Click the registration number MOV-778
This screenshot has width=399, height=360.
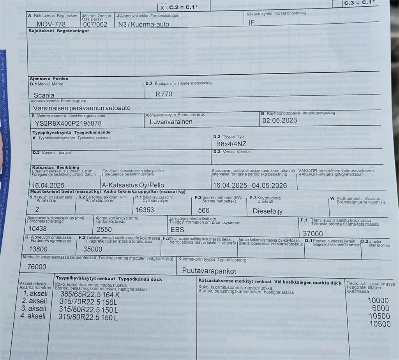pos(51,24)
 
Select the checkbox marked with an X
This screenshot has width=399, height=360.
pos(162,8)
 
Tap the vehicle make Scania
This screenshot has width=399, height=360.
pos(44,95)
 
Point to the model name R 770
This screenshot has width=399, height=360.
pos(164,94)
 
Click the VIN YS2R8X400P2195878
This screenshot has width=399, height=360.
pos(68,123)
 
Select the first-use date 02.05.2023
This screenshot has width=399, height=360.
pos(279,120)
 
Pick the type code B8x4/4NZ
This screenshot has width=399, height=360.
pos(231,144)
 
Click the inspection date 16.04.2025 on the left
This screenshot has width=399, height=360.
pos(48,185)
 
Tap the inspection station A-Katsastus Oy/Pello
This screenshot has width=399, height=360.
pos(133,185)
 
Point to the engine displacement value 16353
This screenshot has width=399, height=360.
pos(145,210)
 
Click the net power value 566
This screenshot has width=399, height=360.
pos(204,210)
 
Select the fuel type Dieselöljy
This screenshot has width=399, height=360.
pos(268,211)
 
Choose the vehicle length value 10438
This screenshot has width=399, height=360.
pos(38,229)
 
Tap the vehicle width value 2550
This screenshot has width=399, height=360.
pos(104,230)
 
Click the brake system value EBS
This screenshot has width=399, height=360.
pos(177,230)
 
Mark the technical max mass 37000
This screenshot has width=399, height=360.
pos(313,234)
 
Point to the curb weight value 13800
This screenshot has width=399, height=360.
pos(39,249)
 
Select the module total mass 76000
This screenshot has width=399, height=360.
pos(37,267)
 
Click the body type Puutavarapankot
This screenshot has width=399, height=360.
pos(209,271)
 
